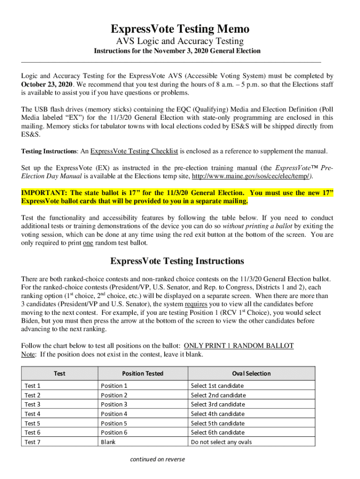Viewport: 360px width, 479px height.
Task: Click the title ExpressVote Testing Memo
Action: click(180, 29)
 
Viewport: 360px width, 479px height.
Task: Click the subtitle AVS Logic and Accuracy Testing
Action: click(180, 42)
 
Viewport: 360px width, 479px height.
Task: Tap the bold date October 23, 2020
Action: click(47, 84)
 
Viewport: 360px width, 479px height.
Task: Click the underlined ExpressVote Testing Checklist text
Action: click(134, 151)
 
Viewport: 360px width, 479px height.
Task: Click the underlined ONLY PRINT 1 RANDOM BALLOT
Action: click(239, 346)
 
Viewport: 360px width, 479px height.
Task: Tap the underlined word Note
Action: click(28, 354)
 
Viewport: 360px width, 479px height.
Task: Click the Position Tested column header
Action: click(143, 373)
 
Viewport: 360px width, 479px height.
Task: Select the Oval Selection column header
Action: click(251, 373)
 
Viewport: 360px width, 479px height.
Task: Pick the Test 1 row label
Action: click(33, 386)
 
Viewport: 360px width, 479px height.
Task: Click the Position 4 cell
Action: click(114, 414)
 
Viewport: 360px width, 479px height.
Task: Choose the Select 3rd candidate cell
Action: click(217, 405)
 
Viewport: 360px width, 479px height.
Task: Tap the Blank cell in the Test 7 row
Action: click(108, 442)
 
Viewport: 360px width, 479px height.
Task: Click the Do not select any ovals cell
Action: click(221, 442)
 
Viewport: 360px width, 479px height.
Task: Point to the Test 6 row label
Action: click(33, 433)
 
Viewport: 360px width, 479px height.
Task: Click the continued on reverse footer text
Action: click(158, 459)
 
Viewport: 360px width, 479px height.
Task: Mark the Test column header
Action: click(59, 373)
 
